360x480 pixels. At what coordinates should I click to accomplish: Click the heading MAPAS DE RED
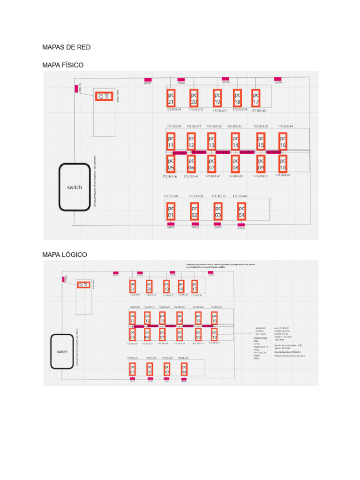click(x=66, y=47)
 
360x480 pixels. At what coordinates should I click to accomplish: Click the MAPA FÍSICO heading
click(x=63, y=65)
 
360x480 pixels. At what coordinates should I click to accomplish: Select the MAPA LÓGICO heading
click(x=65, y=255)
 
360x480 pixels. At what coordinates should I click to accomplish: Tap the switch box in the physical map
click(x=74, y=187)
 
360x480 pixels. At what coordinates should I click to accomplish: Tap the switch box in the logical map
click(x=62, y=352)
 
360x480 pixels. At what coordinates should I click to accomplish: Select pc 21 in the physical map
click(x=171, y=98)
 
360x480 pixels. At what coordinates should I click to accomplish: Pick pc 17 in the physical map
click(x=256, y=98)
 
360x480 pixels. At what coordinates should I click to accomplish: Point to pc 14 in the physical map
click(x=235, y=142)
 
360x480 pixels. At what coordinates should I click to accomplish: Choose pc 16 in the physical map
click(x=283, y=142)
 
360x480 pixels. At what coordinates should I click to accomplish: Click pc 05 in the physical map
click(x=171, y=164)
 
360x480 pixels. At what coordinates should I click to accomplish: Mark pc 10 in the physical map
click(x=283, y=164)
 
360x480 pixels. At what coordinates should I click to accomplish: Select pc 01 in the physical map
click(x=171, y=211)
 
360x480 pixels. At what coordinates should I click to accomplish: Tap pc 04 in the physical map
click(x=241, y=211)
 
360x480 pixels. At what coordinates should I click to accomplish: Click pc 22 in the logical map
click(x=83, y=285)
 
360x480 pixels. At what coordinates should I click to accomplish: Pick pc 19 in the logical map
click(x=166, y=286)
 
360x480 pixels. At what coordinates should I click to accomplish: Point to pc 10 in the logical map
click(x=215, y=334)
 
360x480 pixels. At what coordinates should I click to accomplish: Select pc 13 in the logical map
click(x=162, y=318)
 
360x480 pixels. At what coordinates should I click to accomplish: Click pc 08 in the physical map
click(x=235, y=164)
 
